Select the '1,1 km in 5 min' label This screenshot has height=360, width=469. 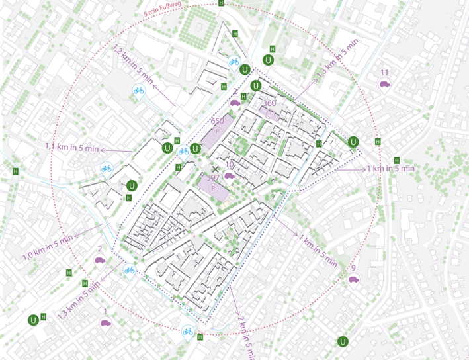[x=71, y=147]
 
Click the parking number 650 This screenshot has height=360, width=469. [x=217, y=122]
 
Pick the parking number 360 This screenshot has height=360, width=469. [x=269, y=103]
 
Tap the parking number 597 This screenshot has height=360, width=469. [x=213, y=178]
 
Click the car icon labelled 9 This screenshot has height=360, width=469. [x=353, y=279]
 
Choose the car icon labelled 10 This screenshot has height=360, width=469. [x=229, y=175]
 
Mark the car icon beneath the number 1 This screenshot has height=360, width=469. [x=104, y=323]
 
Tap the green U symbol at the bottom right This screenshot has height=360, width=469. [x=343, y=341]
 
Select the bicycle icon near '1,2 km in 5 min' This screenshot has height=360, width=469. [x=139, y=90]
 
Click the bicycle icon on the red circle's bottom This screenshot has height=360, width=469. [x=188, y=331]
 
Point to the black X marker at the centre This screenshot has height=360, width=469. [x=214, y=169]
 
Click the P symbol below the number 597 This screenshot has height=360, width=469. [x=213, y=189]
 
